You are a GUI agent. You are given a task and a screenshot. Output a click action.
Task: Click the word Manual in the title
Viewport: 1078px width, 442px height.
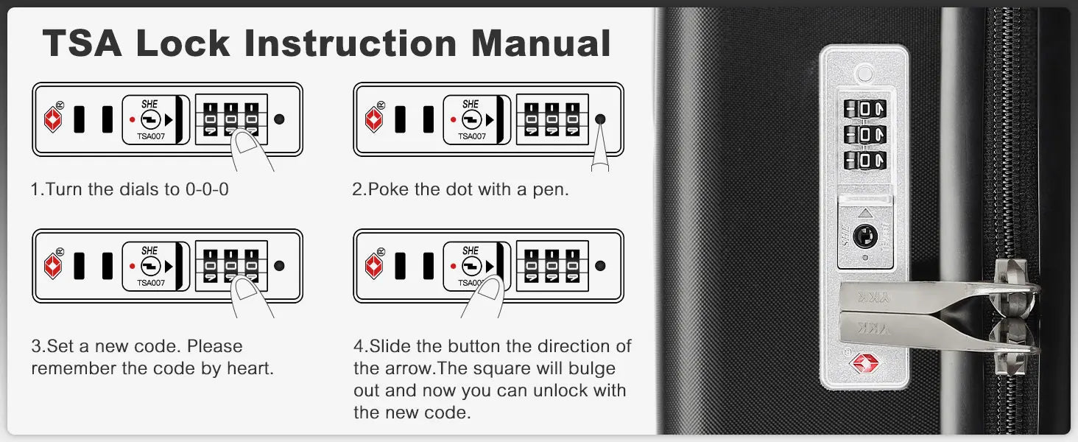coord(541,43)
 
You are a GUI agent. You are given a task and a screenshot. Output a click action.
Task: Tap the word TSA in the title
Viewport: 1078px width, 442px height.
coord(82,43)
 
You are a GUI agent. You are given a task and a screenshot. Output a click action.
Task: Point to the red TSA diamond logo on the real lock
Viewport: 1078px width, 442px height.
coord(864,363)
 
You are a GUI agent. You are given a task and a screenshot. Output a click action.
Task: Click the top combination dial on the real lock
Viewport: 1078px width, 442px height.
coord(864,109)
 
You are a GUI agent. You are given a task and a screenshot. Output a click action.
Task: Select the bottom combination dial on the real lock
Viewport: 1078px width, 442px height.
coord(864,161)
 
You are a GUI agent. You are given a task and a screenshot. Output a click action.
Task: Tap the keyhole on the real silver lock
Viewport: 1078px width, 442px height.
coord(865,236)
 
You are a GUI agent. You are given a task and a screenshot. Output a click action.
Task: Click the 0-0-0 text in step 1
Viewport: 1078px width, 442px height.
coord(207,189)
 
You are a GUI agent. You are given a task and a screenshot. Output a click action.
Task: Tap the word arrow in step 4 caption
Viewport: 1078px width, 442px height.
coord(410,368)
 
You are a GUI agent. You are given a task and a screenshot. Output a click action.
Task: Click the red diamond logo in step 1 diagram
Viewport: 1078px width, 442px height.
coord(53,119)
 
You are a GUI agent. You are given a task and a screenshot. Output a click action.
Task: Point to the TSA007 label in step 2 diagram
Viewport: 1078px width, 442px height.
coord(471,136)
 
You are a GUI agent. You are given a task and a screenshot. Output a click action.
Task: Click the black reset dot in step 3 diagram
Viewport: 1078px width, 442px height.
coord(279,265)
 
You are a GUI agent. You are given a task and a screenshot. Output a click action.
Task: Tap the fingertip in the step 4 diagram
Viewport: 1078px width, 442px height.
coord(490,289)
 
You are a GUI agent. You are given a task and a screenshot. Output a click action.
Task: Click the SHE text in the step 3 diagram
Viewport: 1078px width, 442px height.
coord(149,250)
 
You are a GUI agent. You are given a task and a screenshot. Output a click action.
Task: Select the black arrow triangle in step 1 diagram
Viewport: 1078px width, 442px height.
coord(169,119)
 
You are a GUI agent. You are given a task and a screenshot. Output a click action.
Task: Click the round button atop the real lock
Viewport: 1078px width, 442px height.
coord(864,74)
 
